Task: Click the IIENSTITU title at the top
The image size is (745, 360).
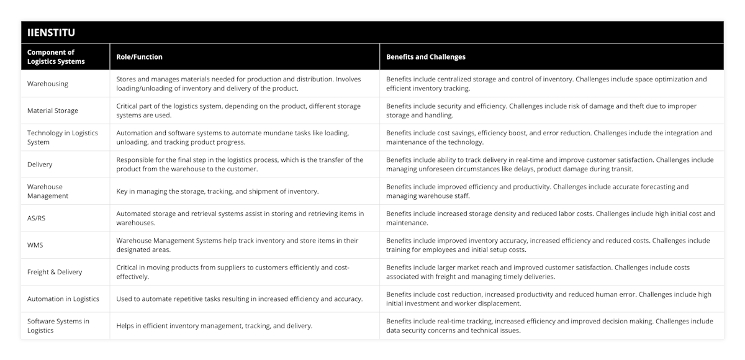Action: click(x=51, y=33)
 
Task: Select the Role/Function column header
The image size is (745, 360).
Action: click(x=139, y=56)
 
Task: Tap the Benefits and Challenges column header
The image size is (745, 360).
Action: click(x=425, y=56)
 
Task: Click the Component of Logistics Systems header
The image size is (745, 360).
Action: click(x=56, y=56)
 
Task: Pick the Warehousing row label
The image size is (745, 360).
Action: click(x=48, y=83)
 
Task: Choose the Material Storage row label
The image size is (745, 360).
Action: click(x=53, y=110)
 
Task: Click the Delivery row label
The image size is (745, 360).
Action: click(x=40, y=164)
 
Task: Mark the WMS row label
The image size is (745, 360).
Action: click(x=36, y=245)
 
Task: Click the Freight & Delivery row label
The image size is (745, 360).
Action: click(x=55, y=272)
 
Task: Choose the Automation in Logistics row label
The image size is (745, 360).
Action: click(x=63, y=299)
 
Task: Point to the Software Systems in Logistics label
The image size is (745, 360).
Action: click(x=58, y=326)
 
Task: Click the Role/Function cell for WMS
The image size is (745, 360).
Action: click(x=237, y=245)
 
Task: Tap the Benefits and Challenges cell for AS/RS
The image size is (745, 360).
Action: click(x=550, y=218)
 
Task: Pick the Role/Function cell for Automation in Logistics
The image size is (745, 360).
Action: click(x=240, y=299)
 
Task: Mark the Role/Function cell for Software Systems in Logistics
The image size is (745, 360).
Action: click(x=214, y=326)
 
